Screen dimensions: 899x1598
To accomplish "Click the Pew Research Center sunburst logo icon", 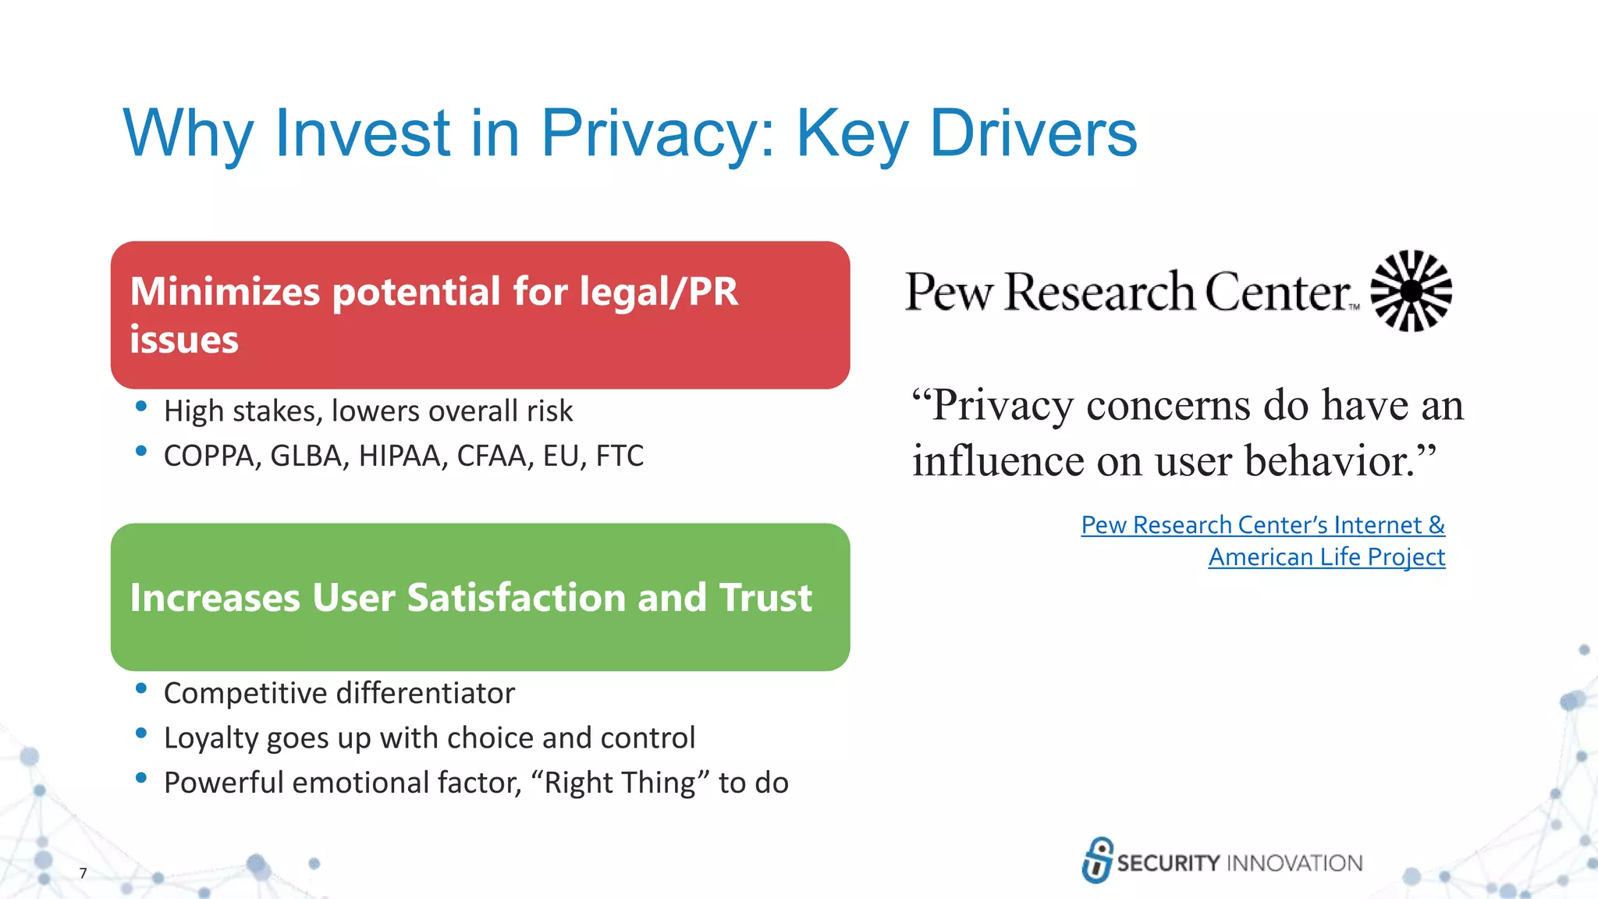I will click(1411, 291).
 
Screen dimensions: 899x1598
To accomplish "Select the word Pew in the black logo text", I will click(949, 293).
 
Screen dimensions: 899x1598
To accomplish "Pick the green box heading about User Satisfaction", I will click(471, 597).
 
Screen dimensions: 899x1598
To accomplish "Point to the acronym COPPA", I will click(211, 457).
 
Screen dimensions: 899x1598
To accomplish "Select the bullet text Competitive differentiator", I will click(339, 694).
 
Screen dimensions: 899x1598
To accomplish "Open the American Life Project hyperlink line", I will click(1326, 557).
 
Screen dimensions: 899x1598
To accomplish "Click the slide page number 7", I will click(83, 873).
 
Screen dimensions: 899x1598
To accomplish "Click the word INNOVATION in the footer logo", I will click(1294, 863).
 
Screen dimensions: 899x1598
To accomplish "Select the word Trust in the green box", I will click(765, 597).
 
